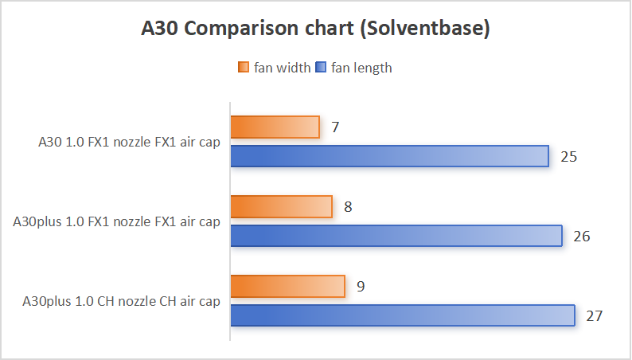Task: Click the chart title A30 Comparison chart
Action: pos(315,29)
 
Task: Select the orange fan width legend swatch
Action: pos(244,68)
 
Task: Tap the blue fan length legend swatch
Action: pos(322,68)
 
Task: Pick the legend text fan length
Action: pos(362,68)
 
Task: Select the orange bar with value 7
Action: pos(275,127)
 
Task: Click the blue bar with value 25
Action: pos(390,156)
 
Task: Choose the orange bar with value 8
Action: pos(281,206)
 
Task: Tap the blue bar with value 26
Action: pos(396,236)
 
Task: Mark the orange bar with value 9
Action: pos(287,286)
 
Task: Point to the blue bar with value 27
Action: pos(403,315)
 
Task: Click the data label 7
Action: pos(336,127)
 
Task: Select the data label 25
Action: pos(568,156)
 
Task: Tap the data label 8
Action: pos(349,206)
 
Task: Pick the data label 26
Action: pos(581,236)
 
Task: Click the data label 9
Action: pos(361,286)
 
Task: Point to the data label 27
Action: pos(594,315)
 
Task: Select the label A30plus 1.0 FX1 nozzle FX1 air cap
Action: pos(117,222)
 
